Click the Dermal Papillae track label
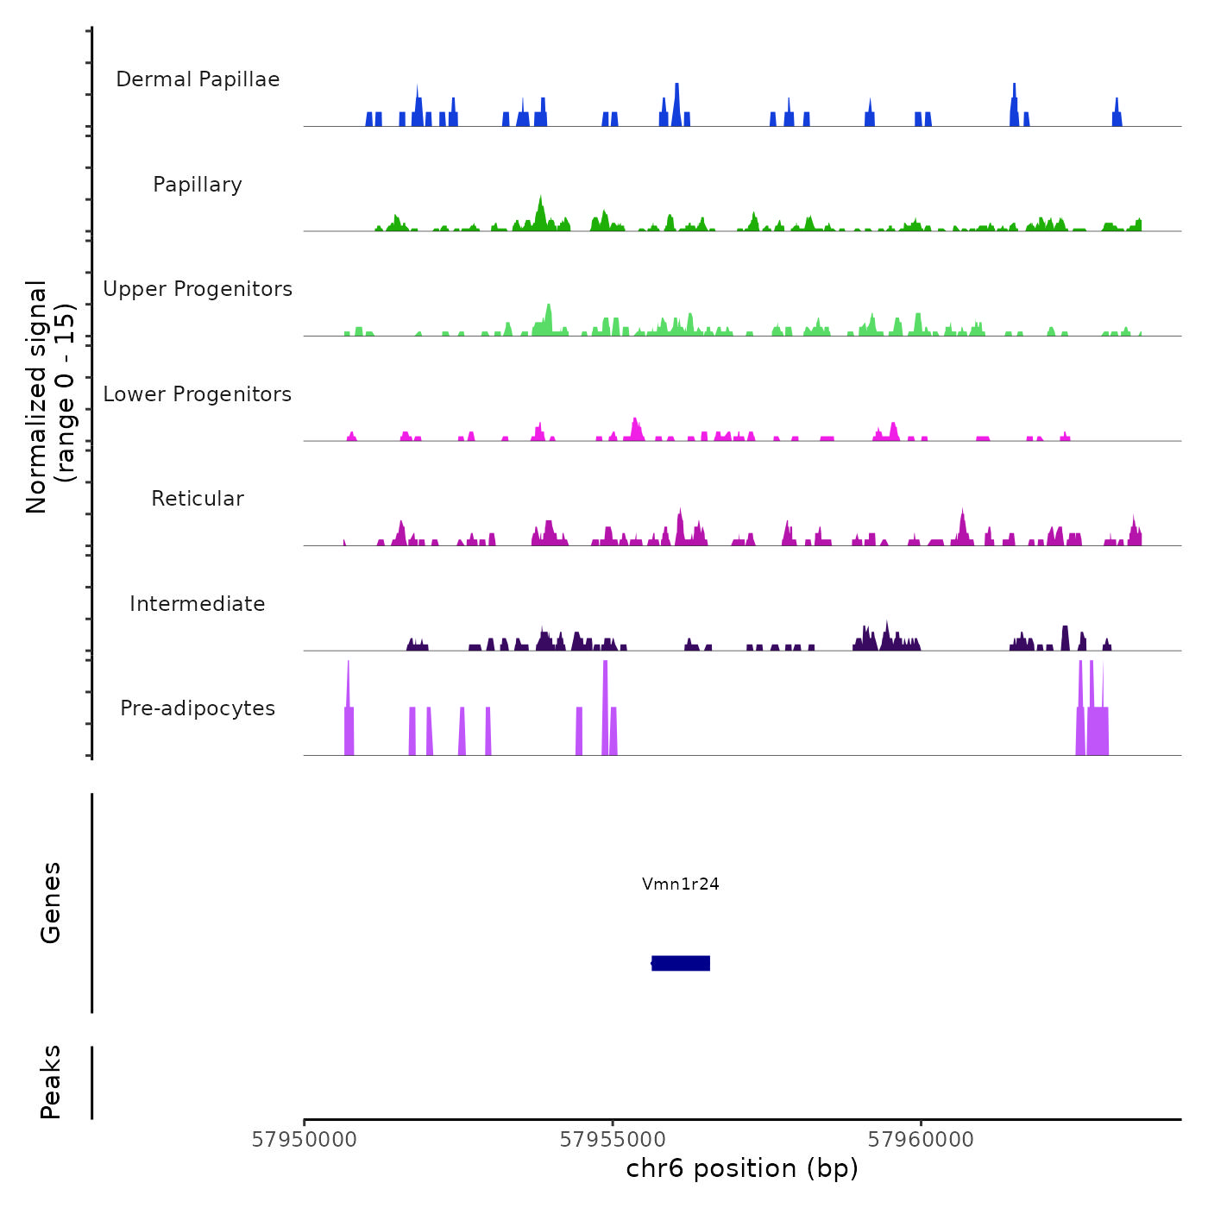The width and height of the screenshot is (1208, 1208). [198, 79]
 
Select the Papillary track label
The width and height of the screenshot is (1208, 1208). [198, 185]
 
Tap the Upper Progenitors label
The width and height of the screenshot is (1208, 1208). [198, 289]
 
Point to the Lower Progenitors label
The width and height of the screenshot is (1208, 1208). [198, 394]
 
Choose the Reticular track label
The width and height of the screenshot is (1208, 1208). [198, 499]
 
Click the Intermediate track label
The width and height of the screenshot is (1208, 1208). [198, 604]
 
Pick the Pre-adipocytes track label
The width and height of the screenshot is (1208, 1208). [198, 708]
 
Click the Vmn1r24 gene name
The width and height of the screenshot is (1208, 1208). [681, 884]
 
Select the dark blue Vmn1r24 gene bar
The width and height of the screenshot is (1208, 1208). [681, 963]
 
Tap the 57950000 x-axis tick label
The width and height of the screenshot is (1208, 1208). [304, 1140]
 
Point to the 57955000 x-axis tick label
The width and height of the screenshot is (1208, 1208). [613, 1140]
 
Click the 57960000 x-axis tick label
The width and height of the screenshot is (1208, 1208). [921, 1140]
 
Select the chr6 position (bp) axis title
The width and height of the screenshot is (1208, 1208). [742, 1168]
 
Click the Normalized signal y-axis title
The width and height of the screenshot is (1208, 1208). [50, 397]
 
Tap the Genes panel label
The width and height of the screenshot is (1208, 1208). [51, 903]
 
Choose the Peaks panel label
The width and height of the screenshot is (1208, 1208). [51, 1082]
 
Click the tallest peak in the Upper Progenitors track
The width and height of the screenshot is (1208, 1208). [548, 306]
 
